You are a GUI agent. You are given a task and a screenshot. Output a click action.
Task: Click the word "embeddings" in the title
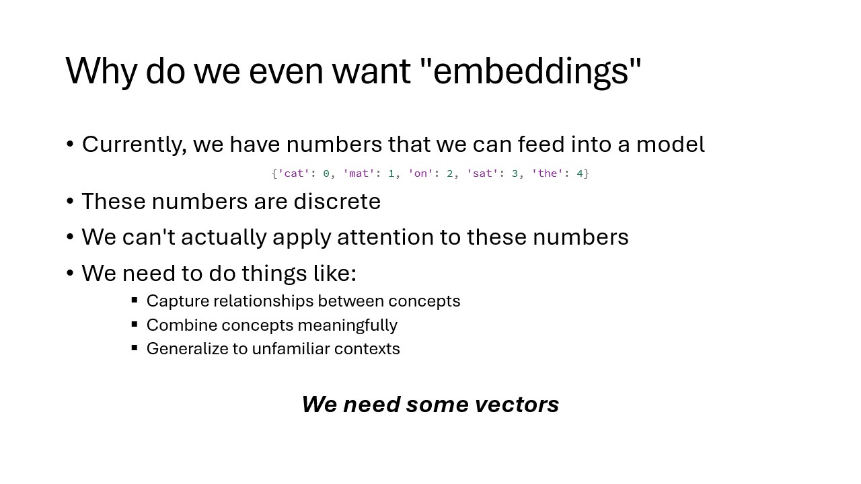click(531, 72)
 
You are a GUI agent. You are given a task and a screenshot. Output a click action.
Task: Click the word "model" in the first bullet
click(671, 145)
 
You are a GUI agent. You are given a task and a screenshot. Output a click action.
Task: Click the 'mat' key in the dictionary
click(359, 173)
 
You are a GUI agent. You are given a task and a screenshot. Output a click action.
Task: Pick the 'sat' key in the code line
click(482, 173)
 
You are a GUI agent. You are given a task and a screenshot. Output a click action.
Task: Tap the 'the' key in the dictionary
click(548, 173)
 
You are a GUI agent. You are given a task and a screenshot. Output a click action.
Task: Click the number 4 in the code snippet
click(580, 173)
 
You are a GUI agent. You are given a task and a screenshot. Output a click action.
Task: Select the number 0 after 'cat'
click(326, 173)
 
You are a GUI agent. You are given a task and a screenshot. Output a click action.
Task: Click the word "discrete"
click(337, 201)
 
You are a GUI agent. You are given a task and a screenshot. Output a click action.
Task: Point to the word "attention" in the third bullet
click(385, 237)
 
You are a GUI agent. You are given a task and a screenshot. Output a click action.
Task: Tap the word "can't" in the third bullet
click(149, 237)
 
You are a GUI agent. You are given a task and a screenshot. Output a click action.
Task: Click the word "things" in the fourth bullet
click(274, 274)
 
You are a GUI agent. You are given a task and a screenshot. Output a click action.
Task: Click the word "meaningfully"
click(348, 325)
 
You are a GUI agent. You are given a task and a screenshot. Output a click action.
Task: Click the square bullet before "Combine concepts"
click(135, 324)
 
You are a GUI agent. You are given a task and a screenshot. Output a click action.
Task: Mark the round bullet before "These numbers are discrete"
click(70, 201)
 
